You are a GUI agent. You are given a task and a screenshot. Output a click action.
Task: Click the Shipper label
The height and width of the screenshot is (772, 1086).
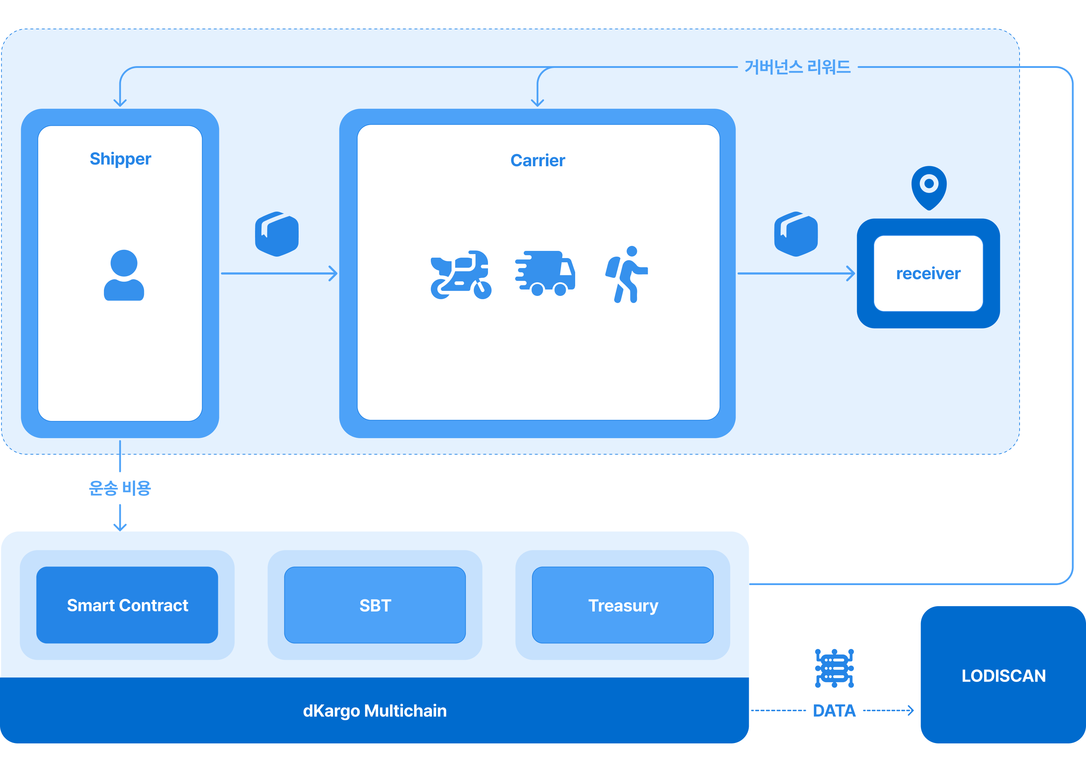point(120,159)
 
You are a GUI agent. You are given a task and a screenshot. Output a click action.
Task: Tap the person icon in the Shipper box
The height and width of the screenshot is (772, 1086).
point(124,275)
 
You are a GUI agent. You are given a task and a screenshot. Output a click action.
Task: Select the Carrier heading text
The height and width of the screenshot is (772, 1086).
point(537,161)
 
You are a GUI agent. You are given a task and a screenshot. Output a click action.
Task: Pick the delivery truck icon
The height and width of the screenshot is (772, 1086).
point(546,273)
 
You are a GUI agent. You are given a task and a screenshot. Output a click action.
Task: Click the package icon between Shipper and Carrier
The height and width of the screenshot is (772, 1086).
point(277,234)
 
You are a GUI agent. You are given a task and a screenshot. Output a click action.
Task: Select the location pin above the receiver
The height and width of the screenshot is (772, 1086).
point(929,187)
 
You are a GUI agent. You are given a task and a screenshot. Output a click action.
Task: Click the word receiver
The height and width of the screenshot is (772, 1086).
point(928,274)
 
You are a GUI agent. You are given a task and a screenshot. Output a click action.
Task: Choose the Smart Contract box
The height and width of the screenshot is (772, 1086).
point(127,605)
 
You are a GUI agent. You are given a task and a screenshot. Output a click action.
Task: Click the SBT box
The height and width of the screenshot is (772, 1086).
point(375,605)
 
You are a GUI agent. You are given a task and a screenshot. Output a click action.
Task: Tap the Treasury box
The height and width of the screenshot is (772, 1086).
point(623,605)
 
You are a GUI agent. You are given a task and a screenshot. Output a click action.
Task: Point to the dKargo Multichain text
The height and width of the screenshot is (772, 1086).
point(374,711)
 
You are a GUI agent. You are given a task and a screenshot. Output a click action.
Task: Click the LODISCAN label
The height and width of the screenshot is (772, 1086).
point(1003,675)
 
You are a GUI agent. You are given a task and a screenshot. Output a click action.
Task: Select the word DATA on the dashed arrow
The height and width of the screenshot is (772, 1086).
point(834,711)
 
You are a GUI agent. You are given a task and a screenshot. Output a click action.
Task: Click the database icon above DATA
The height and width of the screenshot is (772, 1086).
point(834,668)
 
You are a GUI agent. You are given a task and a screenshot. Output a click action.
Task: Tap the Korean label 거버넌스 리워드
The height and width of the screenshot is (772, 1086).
point(797,67)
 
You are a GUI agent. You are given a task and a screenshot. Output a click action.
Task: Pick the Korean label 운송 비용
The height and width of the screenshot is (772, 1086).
point(120,488)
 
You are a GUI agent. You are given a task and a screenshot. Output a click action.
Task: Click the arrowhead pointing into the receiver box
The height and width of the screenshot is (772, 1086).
point(851,273)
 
